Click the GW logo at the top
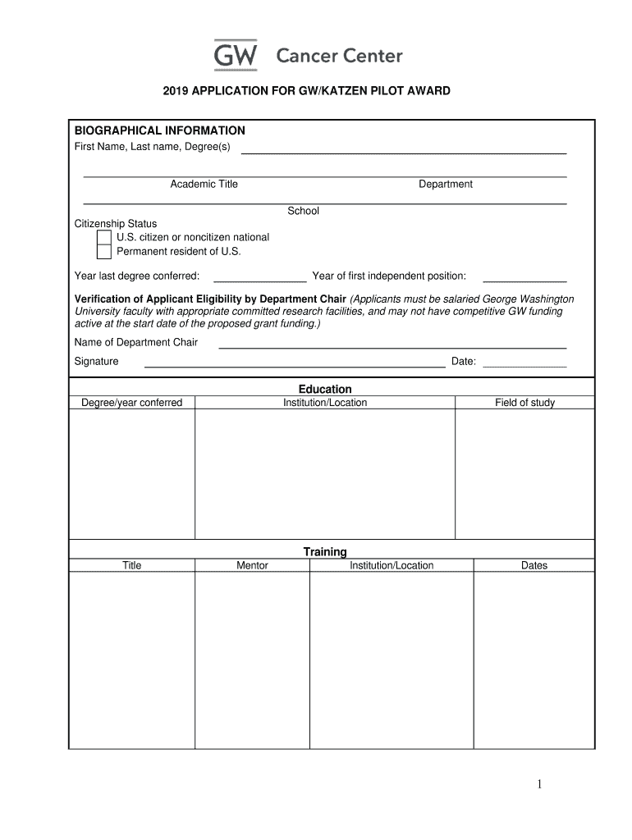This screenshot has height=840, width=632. (236, 55)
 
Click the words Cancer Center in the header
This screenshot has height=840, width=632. (339, 56)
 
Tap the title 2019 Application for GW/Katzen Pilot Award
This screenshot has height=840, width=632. (306, 91)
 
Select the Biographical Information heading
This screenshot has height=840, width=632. (160, 130)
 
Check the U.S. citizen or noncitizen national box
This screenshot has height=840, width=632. (104, 238)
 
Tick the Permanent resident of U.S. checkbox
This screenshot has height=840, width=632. (104, 252)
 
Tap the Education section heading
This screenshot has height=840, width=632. (325, 389)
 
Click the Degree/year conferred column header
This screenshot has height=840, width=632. (132, 403)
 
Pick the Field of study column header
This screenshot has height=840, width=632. (524, 403)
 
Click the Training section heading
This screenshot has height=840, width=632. (325, 551)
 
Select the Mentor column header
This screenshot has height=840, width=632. (252, 565)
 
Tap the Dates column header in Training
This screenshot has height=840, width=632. (534, 565)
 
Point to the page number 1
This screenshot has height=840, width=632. (539, 785)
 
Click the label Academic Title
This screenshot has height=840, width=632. (204, 185)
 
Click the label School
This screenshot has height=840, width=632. (303, 211)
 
